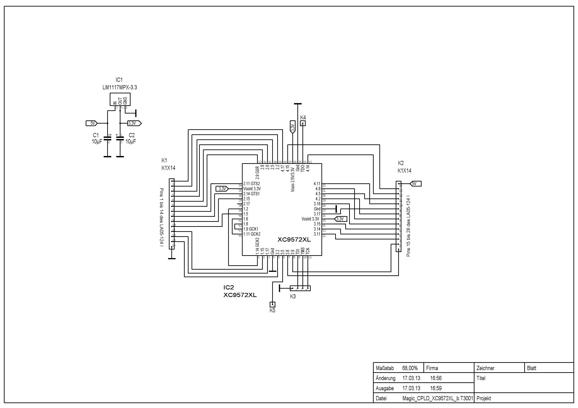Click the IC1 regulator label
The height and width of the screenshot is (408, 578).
119,80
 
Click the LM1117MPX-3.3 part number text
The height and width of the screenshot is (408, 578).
120,87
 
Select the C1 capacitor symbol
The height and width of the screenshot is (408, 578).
108,138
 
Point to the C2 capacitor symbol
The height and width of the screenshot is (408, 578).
120,138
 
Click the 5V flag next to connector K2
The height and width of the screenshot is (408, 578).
415,184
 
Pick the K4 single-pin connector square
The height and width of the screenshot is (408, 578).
303,123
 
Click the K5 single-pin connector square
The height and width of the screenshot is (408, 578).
272,304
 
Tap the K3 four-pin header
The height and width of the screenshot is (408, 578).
300,288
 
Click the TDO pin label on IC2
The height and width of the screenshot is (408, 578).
303,168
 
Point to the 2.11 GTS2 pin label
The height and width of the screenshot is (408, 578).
252,184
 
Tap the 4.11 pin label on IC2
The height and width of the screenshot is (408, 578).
317,184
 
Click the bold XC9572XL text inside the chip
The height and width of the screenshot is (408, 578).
294,240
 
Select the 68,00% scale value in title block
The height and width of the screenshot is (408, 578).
410,368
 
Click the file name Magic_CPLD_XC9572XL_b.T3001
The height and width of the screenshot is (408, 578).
438,398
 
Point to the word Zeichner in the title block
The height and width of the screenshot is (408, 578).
486,368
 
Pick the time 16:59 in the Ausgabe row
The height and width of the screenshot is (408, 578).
436,388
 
